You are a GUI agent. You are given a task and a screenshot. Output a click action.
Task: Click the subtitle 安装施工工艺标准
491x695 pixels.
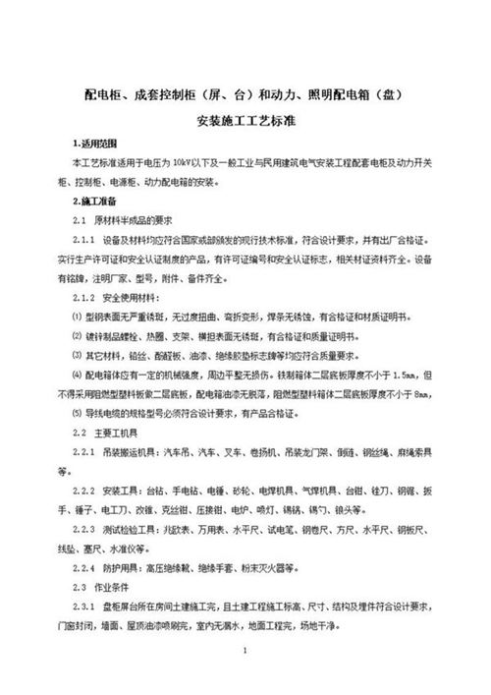point(245,125)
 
